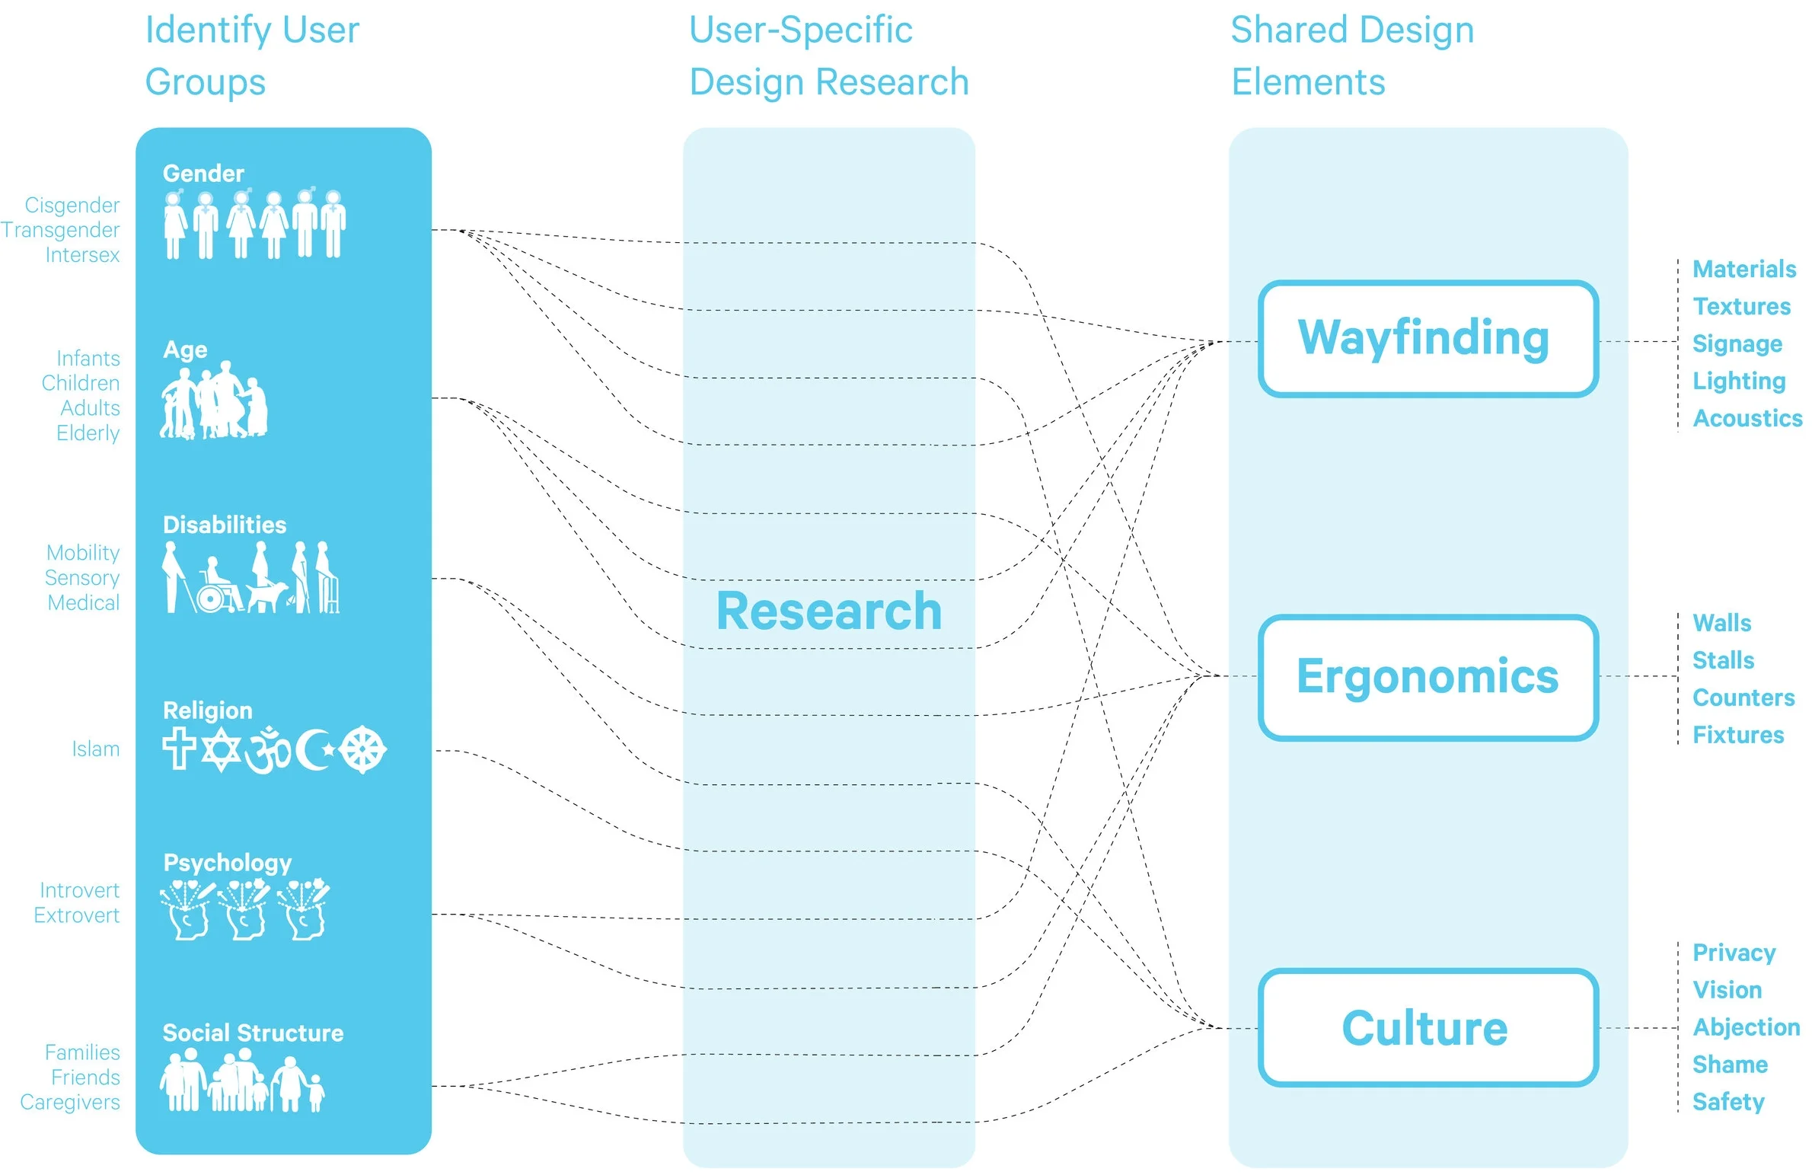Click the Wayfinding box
click(1428, 339)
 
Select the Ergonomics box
click(1428, 677)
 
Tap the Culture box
click(1428, 1027)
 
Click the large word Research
click(829, 611)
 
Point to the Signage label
click(1737, 344)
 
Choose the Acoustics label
click(1747, 418)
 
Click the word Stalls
click(1723, 660)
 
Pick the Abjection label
click(1746, 1028)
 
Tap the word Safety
click(1728, 1102)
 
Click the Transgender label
click(60, 230)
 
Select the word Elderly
click(88, 433)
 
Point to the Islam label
click(95, 749)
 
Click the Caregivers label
click(69, 1103)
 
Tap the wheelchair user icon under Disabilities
click(218, 586)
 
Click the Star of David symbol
click(221, 750)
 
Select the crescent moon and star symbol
click(314, 750)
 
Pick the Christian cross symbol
click(179, 749)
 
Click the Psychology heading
click(227, 863)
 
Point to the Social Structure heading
click(253, 1033)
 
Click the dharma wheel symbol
click(362, 750)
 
